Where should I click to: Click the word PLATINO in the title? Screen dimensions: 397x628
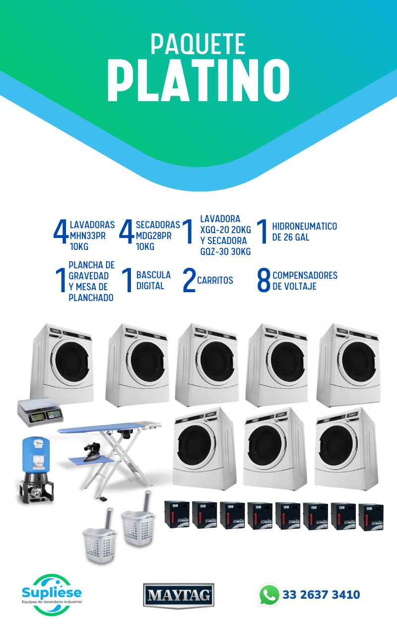198,80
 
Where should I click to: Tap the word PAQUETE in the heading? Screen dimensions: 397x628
198,44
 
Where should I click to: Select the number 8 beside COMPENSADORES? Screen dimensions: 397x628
264,280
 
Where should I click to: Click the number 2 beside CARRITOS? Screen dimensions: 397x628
189,280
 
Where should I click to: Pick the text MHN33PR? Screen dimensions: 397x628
88,236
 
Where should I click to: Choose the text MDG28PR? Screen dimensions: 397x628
154,236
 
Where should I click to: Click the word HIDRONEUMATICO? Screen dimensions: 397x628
304,226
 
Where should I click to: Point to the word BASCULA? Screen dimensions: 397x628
153,275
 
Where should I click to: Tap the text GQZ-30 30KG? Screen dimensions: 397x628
225,251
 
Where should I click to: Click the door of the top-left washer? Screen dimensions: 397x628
72,363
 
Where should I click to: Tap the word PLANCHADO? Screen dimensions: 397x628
91,298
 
